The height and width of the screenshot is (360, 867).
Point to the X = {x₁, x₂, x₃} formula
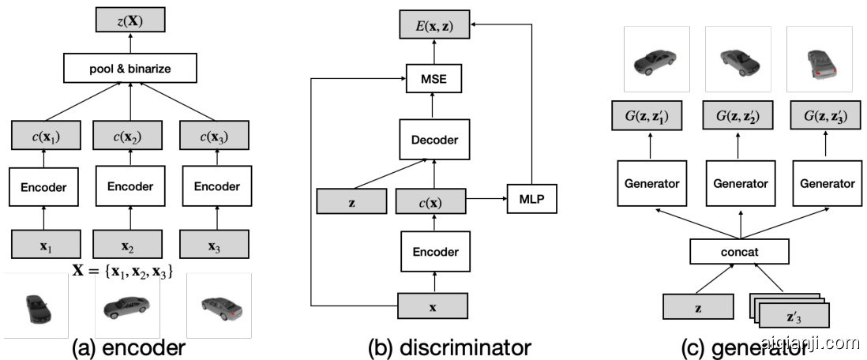click(123, 271)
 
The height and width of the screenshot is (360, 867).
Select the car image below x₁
click(35, 306)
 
